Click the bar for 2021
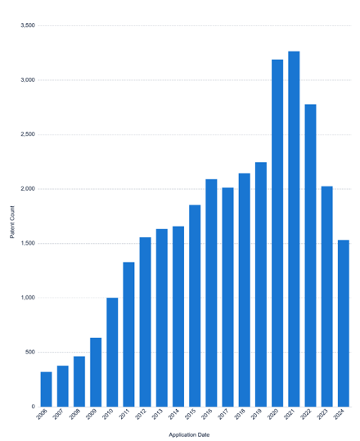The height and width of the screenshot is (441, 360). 294,229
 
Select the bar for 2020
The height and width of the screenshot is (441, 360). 277,233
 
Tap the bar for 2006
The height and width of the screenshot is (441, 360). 46,389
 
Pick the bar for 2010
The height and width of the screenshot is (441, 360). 112,352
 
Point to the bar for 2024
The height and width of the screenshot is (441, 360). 344,323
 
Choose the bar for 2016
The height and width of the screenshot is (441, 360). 211,293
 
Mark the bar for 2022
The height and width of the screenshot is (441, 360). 311,255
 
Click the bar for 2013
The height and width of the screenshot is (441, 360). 162,317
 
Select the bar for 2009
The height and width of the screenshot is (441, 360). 96,372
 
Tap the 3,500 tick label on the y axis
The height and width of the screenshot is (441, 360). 28,25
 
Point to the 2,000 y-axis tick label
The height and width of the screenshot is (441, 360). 28,189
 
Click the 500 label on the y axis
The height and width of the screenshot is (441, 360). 30,352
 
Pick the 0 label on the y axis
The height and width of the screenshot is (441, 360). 34,407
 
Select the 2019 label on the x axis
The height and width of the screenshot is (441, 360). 257,414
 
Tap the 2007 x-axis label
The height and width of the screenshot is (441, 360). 58,414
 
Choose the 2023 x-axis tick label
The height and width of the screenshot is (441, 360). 322,414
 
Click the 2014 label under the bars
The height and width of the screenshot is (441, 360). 173,414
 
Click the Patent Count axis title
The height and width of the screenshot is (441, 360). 12,223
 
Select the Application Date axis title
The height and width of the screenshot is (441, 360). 189,434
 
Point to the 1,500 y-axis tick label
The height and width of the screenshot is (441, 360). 28,243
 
